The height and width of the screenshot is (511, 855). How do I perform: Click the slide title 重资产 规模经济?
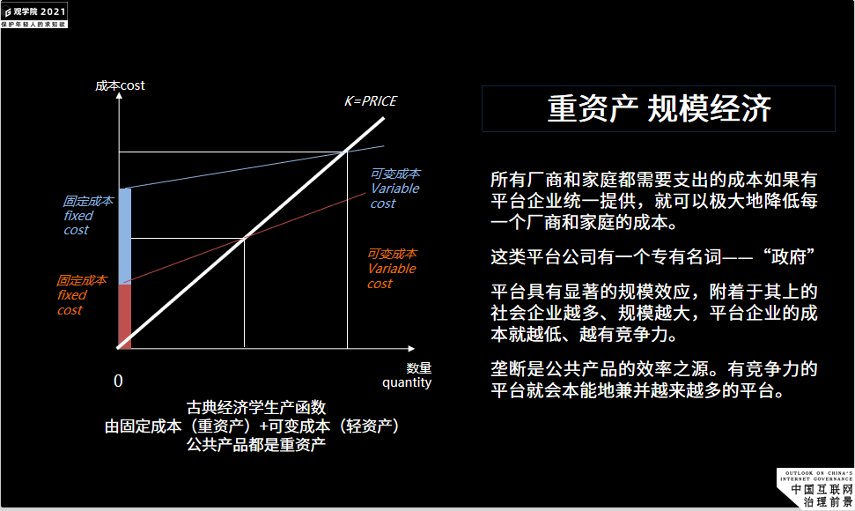[659, 108]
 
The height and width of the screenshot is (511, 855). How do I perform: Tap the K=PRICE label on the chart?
[370, 101]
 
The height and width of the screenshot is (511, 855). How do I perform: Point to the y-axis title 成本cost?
[120, 85]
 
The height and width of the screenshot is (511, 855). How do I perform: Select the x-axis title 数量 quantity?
[407, 375]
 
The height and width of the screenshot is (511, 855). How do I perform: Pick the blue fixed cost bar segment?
[124, 236]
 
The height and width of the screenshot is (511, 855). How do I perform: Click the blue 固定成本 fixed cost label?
[87, 215]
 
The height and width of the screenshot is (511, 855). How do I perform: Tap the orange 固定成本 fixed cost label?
[81, 295]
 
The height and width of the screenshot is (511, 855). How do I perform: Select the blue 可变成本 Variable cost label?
[394, 189]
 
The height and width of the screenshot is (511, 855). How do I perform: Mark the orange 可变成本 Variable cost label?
[392, 269]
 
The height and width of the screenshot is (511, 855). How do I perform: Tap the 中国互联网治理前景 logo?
[816, 490]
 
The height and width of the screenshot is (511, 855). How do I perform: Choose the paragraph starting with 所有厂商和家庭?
[654, 201]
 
